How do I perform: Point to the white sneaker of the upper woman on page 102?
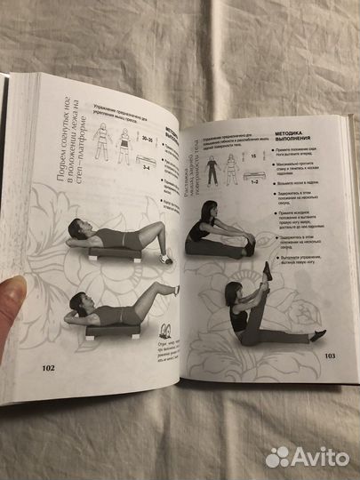click(x=165, y=259)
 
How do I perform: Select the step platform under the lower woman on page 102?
click(x=111, y=331)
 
